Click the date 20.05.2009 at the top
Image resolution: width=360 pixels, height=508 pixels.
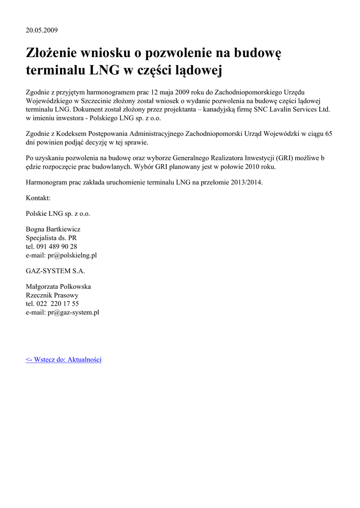coord(42,30)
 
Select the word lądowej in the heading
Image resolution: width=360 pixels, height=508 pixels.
coord(196,71)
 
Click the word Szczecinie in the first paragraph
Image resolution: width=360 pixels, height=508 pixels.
coord(97,101)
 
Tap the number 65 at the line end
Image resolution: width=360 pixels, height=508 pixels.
coord(328,134)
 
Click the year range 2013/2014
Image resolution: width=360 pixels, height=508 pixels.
coord(246,183)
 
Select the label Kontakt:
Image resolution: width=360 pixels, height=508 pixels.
coord(38,198)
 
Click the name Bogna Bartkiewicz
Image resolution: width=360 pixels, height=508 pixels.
coord(53,230)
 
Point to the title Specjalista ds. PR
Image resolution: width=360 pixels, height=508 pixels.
coord(51,238)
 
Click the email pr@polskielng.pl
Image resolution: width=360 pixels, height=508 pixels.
coord(72,255)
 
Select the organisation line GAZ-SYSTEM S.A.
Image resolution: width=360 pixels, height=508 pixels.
coord(55,271)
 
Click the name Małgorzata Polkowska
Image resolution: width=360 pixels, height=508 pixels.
coord(58,287)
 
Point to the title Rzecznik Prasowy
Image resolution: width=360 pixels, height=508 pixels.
coord(52,295)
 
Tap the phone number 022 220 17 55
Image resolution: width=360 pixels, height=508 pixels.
coord(59,304)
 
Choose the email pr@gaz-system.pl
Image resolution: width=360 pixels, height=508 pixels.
coord(73,312)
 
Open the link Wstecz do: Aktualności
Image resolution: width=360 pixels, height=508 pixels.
coord(64,360)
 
